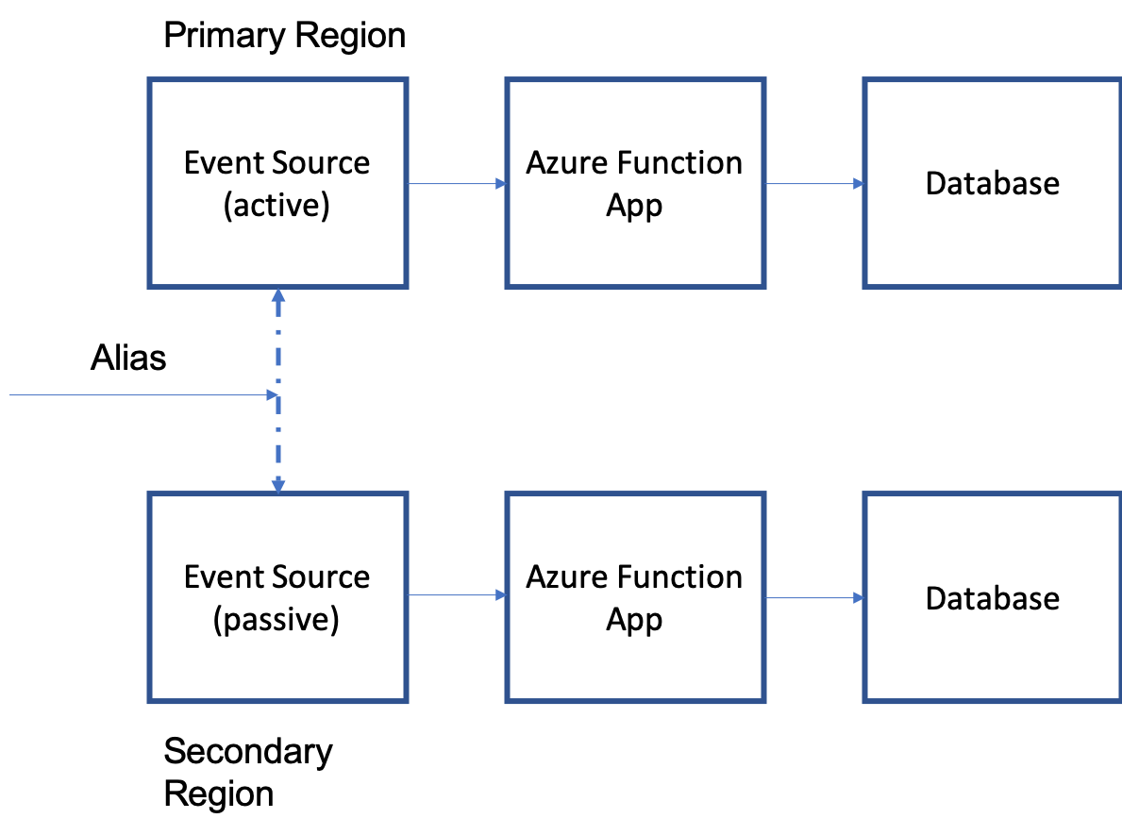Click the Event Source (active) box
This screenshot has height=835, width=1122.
(277, 183)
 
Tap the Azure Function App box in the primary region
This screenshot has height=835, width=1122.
(634, 183)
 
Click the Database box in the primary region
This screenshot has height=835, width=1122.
(992, 183)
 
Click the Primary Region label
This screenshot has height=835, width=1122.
(284, 37)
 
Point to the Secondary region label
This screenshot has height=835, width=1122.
(248, 752)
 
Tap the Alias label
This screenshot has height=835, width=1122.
(128, 358)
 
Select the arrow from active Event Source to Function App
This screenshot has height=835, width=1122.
(457, 184)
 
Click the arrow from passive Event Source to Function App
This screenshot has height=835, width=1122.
(457, 595)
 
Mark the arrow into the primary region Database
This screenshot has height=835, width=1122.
(814, 184)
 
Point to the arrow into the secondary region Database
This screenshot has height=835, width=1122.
(814, 597)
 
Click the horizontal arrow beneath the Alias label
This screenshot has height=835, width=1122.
(142, 396)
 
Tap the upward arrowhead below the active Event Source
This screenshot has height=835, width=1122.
(278, 295)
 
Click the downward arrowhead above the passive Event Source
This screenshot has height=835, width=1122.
(278, 486)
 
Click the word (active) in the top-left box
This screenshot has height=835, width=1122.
(276, 206)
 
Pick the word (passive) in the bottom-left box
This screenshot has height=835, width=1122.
(276, 620)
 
